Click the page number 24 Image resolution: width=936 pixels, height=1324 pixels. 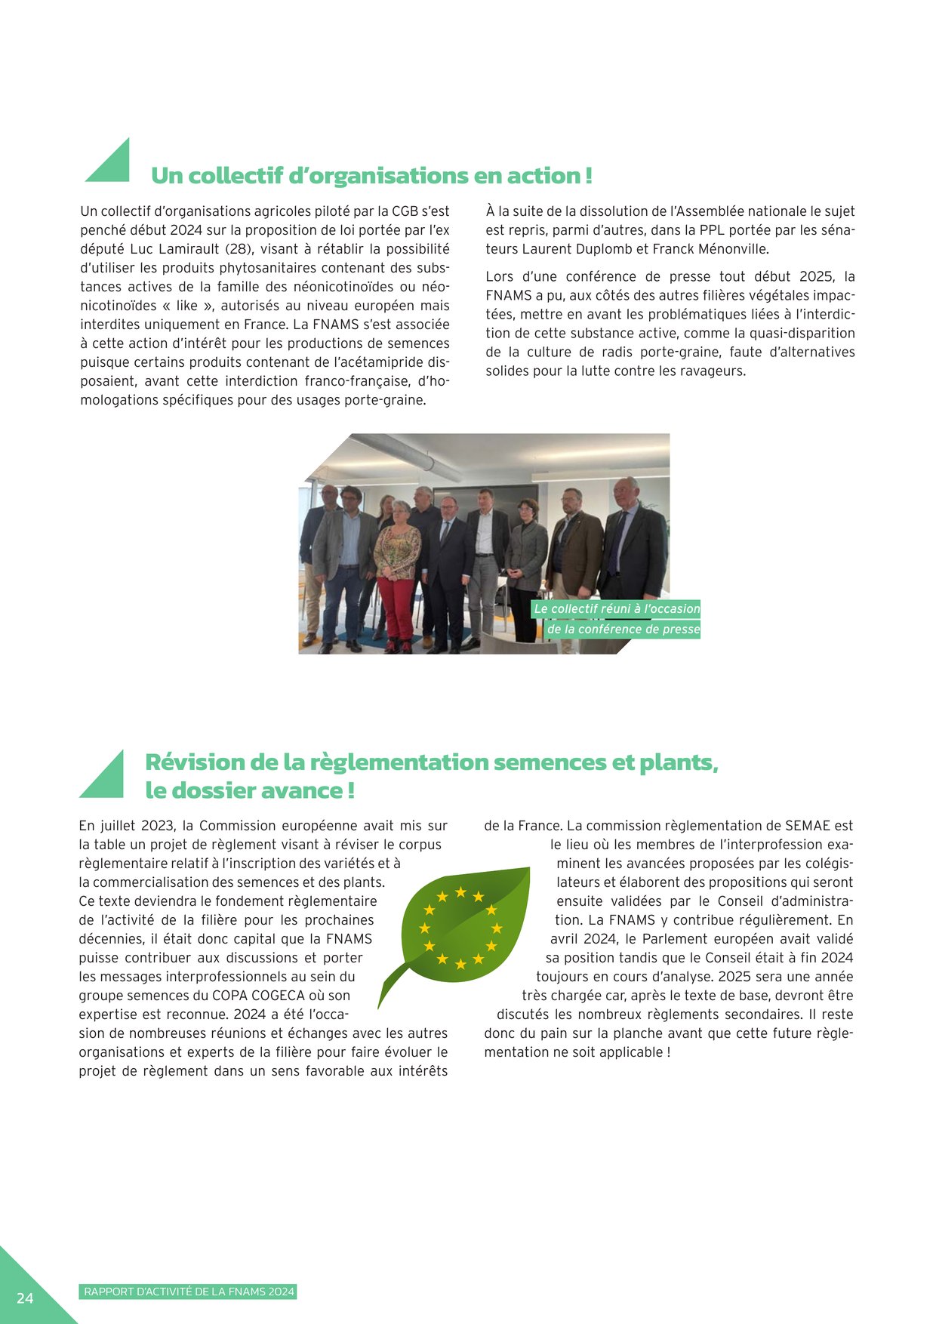(25, 1297)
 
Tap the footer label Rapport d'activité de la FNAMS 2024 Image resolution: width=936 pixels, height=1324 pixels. (189, 1292)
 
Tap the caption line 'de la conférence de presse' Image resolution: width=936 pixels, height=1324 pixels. (623, 629)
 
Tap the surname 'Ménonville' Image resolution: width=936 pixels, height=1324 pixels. (732, 249)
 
